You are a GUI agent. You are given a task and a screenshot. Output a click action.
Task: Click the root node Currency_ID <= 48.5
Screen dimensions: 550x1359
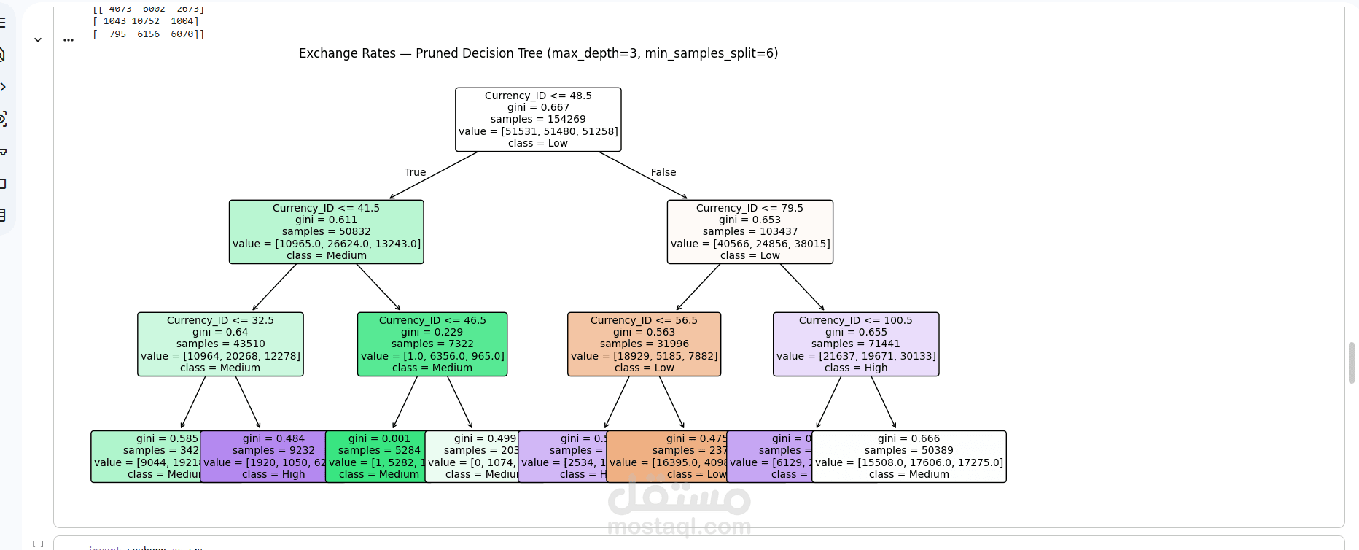(538, 120)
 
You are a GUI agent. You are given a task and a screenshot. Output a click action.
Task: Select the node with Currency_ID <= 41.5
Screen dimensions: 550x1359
(326, 232)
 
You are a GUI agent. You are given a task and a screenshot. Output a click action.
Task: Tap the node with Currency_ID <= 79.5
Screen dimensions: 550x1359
(749, 232)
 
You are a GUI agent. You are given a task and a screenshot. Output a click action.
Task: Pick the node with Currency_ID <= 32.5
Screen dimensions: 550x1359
(220, 344)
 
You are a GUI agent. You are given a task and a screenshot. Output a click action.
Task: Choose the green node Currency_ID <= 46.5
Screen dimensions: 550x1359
(432, 344)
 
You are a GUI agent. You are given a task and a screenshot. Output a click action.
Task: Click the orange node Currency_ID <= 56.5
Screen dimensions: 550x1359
(644, 344)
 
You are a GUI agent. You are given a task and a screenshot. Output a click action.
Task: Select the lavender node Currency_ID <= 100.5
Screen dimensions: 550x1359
(856, 344)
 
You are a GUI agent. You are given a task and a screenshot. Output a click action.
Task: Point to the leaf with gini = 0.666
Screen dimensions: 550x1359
(908, 457)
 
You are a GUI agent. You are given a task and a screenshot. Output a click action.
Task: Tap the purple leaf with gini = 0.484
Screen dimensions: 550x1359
(262, 457)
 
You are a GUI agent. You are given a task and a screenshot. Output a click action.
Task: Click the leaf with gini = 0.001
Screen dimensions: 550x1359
(375, 457)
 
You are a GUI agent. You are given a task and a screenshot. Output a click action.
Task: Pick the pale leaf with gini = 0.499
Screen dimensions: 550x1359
(472, 457)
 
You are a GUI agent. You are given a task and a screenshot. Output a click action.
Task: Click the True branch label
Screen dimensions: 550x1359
(415, 172)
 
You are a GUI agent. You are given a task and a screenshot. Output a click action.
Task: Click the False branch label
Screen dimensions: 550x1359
(663, 172)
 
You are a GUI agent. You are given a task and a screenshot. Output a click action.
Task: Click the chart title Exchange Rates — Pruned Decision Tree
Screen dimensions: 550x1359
(538, 53)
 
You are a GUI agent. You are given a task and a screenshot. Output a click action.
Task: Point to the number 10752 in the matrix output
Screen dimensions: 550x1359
(145, 21)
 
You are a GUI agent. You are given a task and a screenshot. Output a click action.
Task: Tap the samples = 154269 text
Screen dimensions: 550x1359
(538, 119)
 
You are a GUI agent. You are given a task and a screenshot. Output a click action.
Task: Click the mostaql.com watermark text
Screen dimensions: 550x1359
(679, 526)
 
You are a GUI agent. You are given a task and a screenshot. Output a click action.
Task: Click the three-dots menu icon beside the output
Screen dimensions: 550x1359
(69, 40)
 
